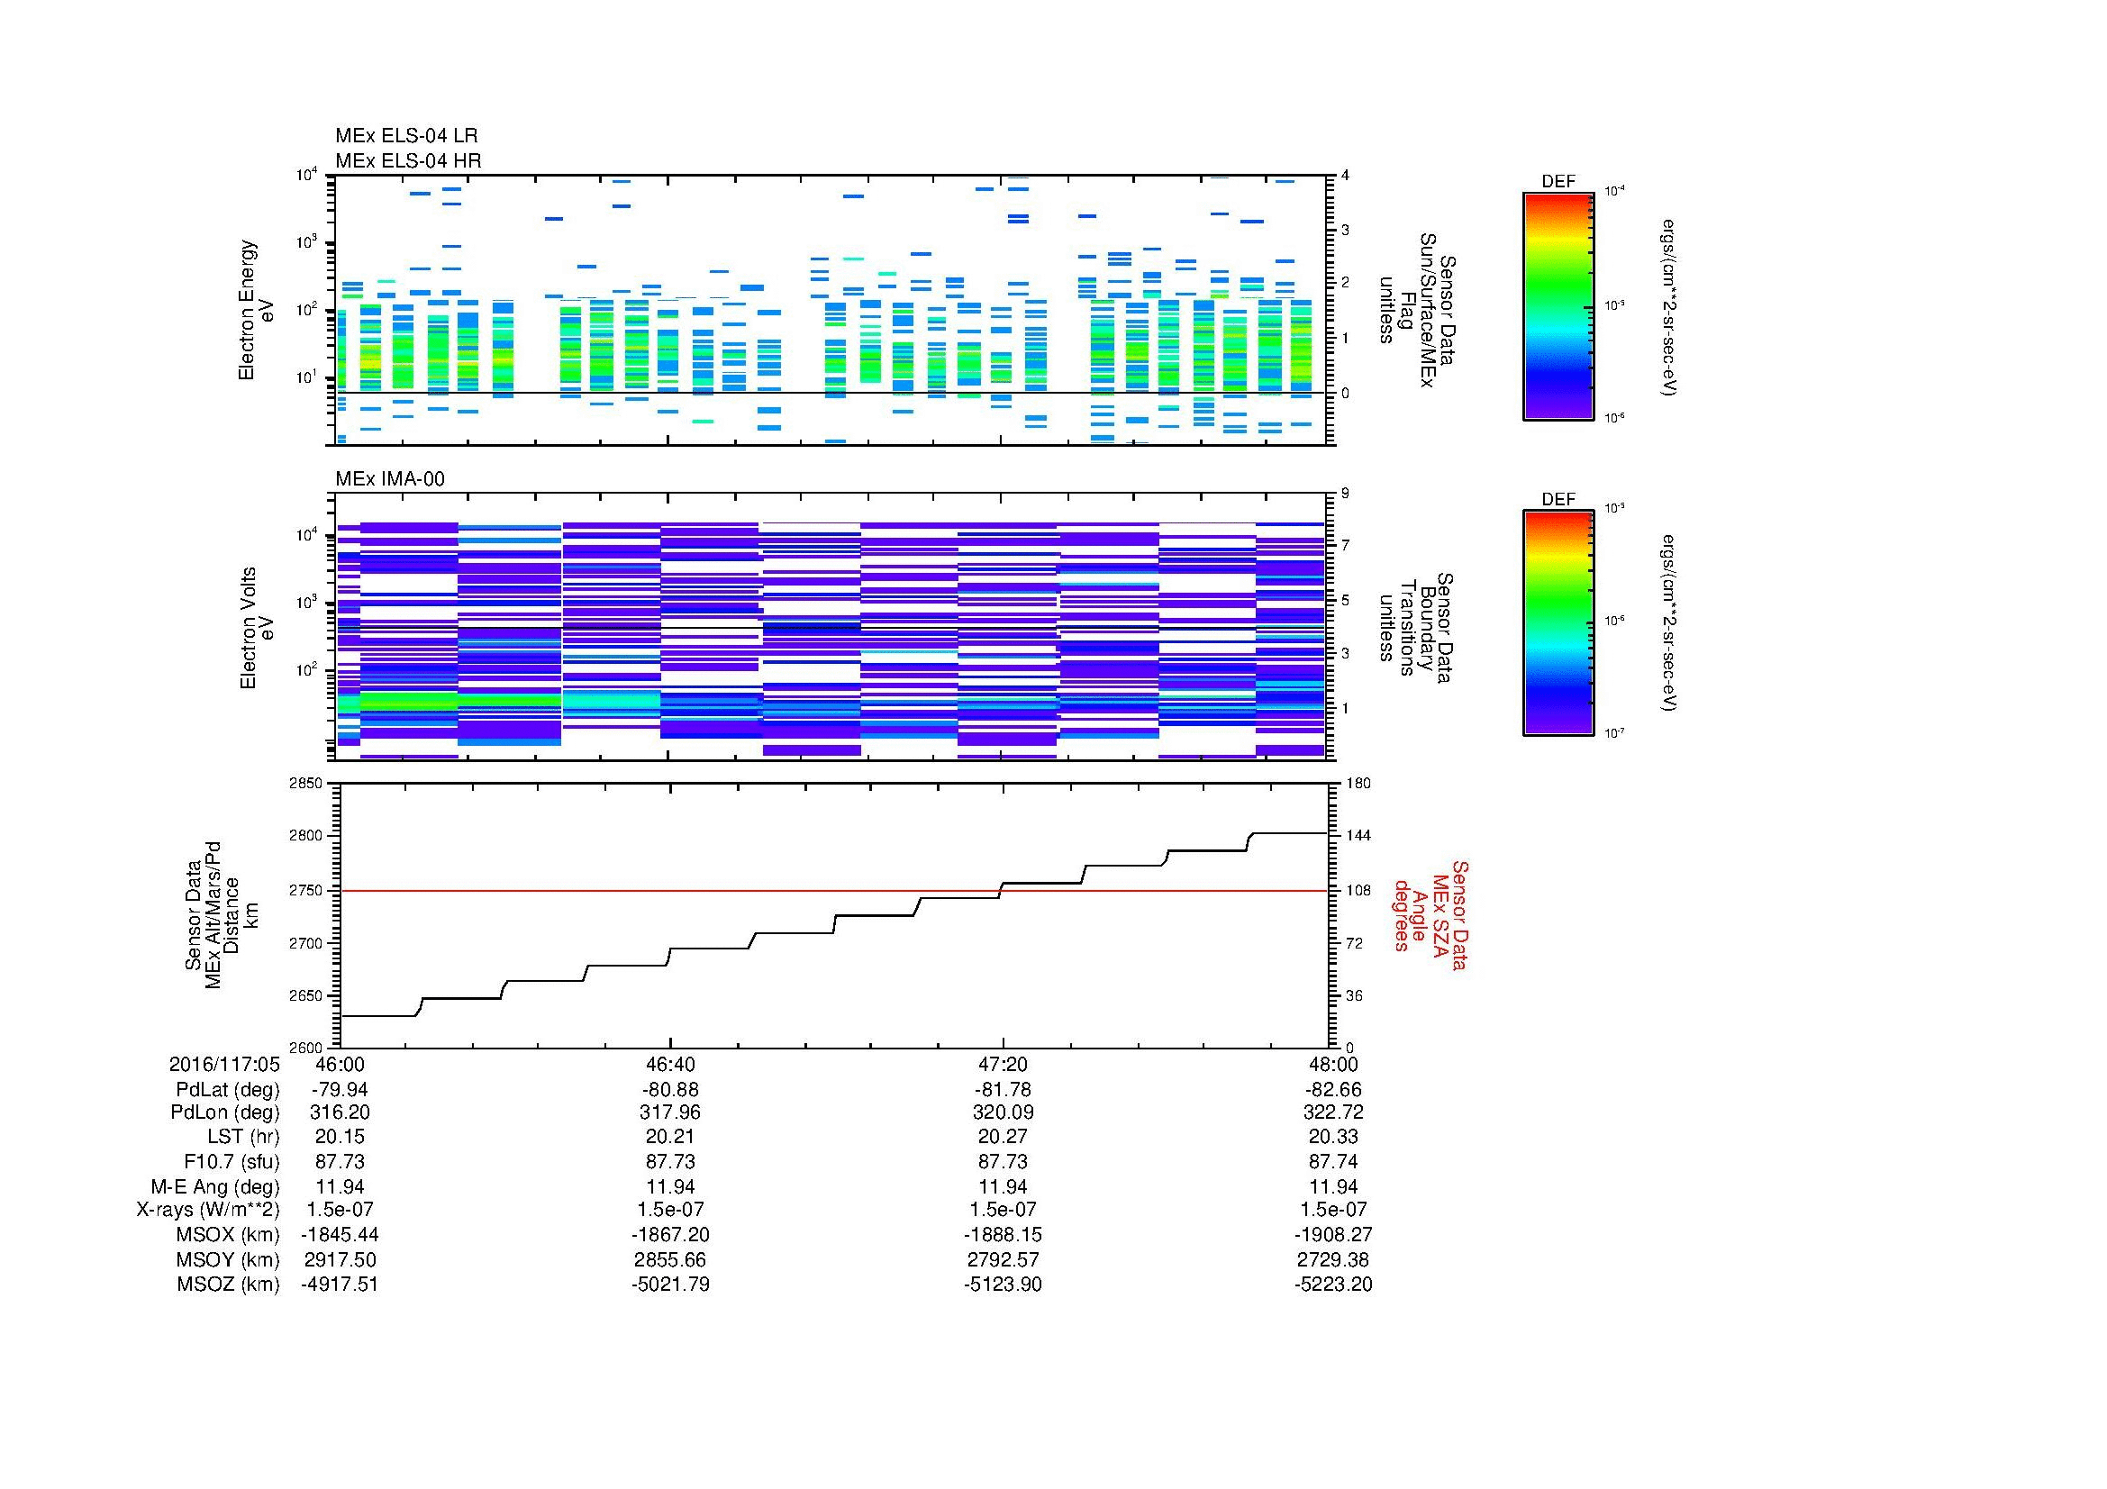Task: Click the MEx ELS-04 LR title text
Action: tap(405, 136)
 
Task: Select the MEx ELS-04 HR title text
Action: tap(407, 160)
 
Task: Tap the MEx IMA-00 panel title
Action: tap(389, 479)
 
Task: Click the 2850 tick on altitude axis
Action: tap(306, 784)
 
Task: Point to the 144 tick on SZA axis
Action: tap(1358, 836)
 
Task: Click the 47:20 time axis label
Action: tap(1003, 1064)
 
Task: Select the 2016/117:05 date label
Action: tap(224, 1064)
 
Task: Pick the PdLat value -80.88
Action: tap(671, 1090)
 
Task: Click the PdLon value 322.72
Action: tap(1333, 1112)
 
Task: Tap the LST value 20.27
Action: tap(1003, 1137)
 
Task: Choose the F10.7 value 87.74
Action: tap(1333, 1160)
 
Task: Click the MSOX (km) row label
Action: tap(228, 1235)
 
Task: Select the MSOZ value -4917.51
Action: tap(340, 1285)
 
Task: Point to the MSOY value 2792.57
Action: tap(1003, 1259)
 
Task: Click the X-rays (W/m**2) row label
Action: tap(207, 1210)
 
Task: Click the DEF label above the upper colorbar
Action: tap(1558, 182)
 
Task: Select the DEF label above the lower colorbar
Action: tap(1558, 500)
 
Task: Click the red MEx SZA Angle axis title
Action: tap(1430, 914)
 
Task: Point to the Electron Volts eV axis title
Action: tap(258, 628)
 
